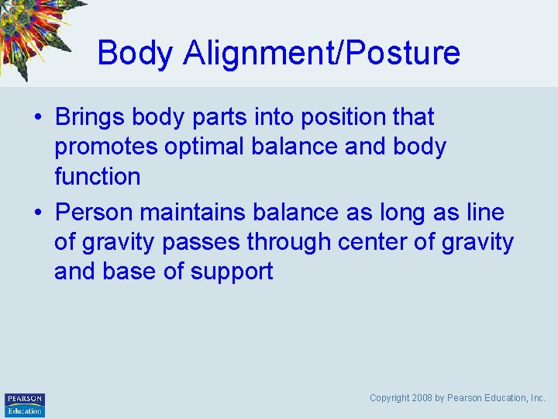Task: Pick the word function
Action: [97, 177]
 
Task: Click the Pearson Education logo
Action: [25, 404]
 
